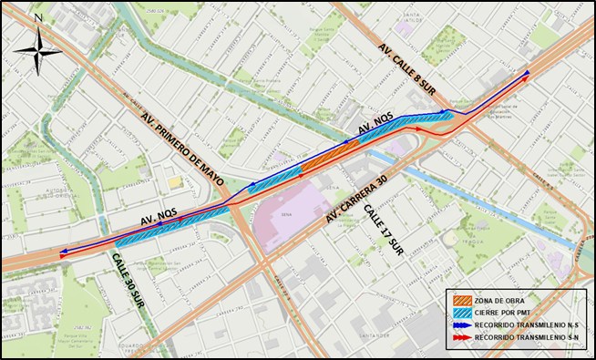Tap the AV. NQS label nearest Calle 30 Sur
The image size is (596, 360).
(x=159, y=218)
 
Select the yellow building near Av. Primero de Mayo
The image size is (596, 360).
(x=174, y=182)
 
